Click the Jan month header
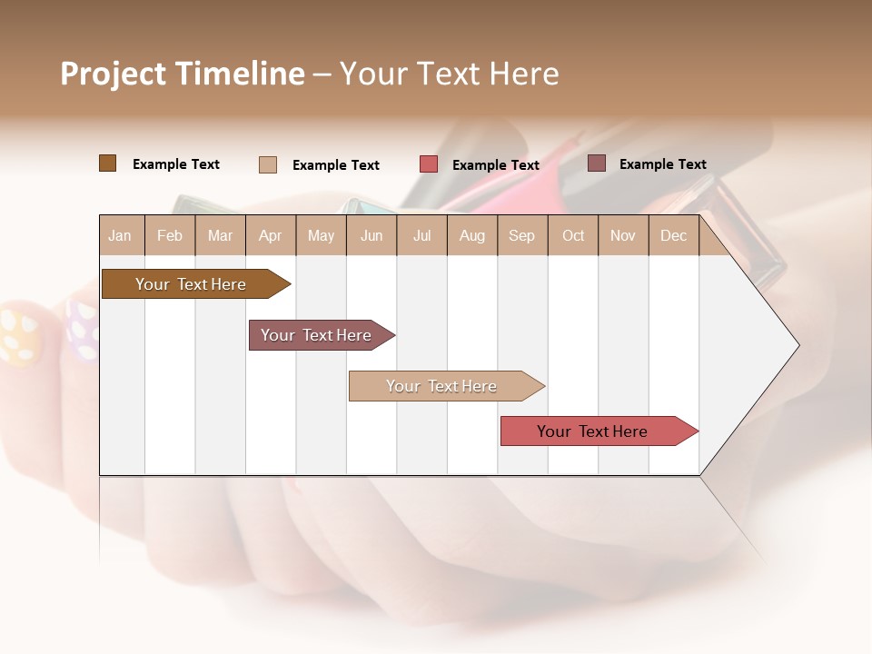(x=120, y=236)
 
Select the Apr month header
(x=270, y=236)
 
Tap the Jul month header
(x=421, y=236)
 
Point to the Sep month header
(x=521, y=236)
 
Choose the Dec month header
(x=673, y=236)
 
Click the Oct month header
(x=572, y=236)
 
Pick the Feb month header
(x=170, y=236)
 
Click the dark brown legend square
(x=107, y=163)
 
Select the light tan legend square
(x=267, y=164)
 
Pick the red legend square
(x=429, y=164)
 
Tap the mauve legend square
(x=597, y=163)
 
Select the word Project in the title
(x=113, y=74)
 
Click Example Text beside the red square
(x=495, y=165)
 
